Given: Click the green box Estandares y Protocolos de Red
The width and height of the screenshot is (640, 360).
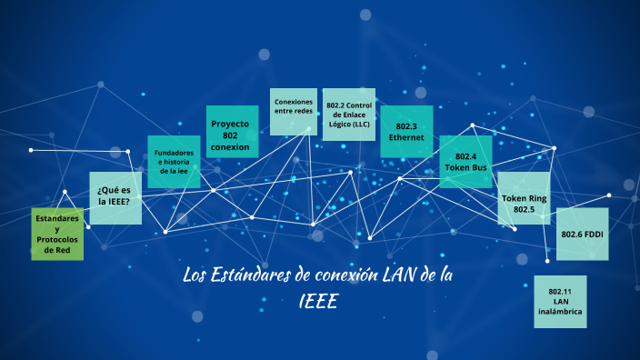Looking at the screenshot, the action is [x=57, y=234].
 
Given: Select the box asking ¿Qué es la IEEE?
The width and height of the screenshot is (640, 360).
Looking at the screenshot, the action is [x=115, y=197].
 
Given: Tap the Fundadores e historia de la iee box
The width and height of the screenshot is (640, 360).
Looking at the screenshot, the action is [x=174, y=162].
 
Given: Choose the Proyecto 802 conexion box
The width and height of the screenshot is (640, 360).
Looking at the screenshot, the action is [x=232, y=135].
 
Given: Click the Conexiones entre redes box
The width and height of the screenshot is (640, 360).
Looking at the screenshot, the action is [x=293, y=114].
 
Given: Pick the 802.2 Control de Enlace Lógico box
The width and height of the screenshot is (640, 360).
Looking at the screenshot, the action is [x=348, y=115].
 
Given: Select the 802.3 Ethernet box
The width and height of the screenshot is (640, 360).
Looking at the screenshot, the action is [x=406, y=132].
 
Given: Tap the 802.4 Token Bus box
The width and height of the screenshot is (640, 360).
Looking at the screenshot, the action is [x=465, y=162].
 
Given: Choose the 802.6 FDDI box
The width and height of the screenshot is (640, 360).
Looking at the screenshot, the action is [x=582, y=235].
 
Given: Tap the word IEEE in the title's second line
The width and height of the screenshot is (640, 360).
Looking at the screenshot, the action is [x=318, y=301].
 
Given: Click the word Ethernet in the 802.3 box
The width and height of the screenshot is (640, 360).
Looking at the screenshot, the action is [x=406, y=137].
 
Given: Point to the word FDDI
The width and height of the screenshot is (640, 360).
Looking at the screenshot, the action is [x=595, y=235].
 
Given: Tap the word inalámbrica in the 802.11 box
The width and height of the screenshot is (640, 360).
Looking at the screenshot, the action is [x=560, y=311].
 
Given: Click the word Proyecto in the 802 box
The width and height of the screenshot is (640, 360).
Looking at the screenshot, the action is [x=230, y=123].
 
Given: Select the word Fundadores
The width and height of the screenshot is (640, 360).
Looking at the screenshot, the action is [x=174, y=152].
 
